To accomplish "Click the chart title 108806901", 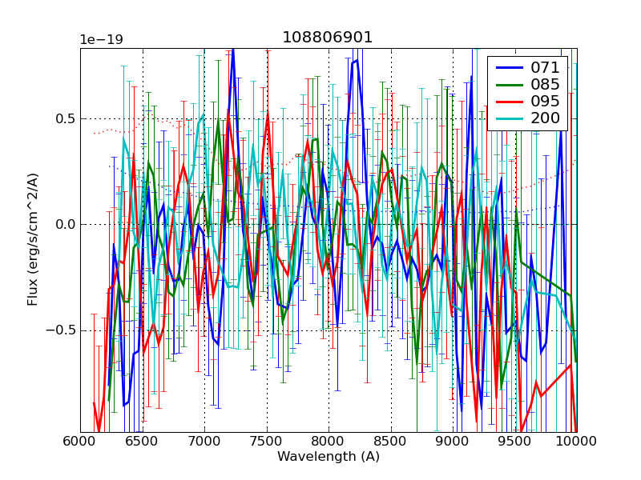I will (328, 38).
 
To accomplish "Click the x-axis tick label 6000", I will (80, 442).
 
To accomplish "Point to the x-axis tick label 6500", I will (143, 442).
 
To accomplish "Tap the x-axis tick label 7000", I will (204, 442).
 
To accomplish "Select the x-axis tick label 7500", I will (267, 442).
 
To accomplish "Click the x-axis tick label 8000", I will (329, 442).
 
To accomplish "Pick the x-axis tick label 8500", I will (391, 442).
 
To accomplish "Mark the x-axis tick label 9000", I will (453, 442).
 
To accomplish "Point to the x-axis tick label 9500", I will (515, 442).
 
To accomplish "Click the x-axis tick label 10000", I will (575, 442).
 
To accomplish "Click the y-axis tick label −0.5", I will (60, 330).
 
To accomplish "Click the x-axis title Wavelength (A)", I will (329, 457).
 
